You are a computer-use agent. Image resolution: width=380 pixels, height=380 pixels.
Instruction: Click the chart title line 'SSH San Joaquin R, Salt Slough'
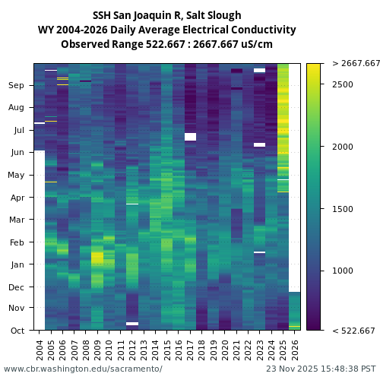coord(166,15)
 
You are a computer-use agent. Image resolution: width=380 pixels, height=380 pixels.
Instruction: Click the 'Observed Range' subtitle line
coord(166,44)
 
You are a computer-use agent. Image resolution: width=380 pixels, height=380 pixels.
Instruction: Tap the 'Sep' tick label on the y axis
coord(17,86)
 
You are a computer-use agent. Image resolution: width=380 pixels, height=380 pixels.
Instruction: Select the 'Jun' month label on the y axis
coord(17,153)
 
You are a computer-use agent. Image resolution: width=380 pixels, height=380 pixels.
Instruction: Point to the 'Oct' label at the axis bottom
coord(17,331)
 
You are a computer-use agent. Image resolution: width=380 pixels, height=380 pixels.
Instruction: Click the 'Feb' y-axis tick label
coord(17,242)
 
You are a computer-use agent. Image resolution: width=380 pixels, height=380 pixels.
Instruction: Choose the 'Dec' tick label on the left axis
coord(17,287)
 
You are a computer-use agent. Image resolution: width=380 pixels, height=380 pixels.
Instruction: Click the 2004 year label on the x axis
coord(40,350)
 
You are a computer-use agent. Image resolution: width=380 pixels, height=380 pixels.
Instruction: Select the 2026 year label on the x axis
coord(295,350)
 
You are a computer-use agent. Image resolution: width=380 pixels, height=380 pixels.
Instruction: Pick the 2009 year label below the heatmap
coord(97,350)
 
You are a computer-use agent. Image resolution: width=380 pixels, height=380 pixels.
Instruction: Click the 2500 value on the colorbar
coord(343,84)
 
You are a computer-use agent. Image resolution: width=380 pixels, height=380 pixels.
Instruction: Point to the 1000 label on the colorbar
coord(343,271)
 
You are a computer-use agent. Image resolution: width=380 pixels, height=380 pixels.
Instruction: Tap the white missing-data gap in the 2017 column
coord(190,137)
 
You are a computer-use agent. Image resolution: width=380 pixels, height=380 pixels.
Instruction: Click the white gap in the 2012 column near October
coord(132,324)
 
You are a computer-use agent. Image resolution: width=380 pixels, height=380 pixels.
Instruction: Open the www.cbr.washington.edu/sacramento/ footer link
coord(83,369)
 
